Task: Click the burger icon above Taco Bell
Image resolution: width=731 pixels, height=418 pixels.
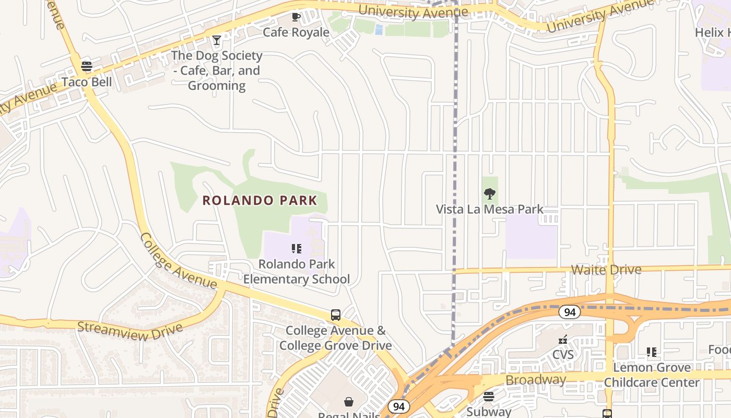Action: point(87,66)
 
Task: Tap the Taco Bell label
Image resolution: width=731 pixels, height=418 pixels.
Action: point(87,82)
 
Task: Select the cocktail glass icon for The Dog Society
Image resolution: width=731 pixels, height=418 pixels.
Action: point(216,40)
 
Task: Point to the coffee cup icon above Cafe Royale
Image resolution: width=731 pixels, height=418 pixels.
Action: point(296,17)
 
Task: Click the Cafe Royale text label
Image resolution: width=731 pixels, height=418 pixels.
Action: point(296,32)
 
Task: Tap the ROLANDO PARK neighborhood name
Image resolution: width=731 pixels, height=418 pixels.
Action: point(260,200)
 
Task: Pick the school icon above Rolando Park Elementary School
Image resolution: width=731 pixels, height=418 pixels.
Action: point(296,249)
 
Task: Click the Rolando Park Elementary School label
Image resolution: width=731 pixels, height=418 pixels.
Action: point(297,272)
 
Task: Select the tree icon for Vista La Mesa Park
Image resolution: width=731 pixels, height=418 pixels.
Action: point(489,194)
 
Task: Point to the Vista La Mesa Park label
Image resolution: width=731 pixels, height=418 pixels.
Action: point(490,210)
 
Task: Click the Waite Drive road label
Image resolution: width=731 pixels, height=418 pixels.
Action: point(606,270)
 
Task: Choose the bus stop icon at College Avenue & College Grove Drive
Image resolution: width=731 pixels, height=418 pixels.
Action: point(336,315)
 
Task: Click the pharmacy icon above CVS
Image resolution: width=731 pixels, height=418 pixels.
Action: point(563,340)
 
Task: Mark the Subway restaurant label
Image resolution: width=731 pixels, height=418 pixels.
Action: point(489,412)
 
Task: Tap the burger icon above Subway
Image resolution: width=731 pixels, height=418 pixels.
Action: point(489,397)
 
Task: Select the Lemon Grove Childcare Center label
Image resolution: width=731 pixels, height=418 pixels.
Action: point(652,375)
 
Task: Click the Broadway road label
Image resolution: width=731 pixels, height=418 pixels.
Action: point(536,380)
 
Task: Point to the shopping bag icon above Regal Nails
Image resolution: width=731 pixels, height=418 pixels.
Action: point(349,402)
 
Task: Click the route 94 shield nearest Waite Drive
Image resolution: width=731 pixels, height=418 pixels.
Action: point(569,312)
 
